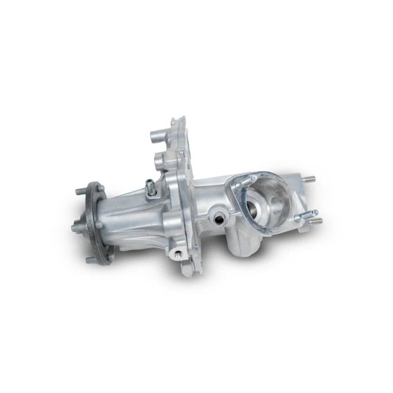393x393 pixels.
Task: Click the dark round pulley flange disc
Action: point(96,224)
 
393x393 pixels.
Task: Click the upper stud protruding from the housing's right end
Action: point(308,179)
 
